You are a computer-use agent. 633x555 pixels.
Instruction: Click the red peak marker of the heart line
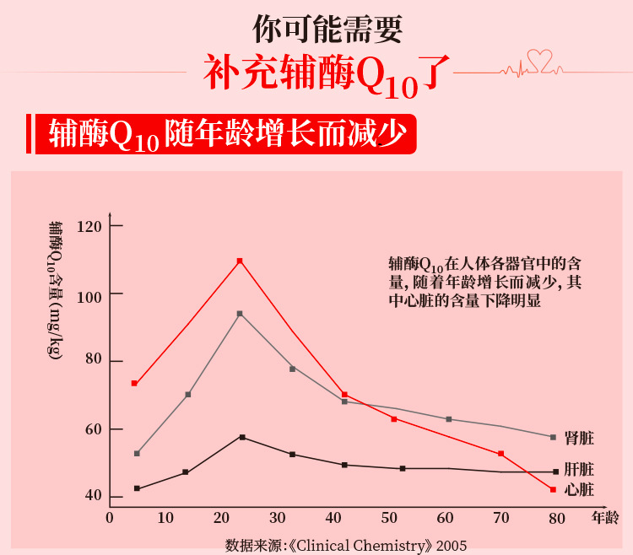pyautogui.click(x=240, y=261)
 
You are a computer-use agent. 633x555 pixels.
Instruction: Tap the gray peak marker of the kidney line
pyautogui.click(x=240, y=314)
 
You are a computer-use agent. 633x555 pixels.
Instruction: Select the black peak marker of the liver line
pyautogui.click(x=242, y=437)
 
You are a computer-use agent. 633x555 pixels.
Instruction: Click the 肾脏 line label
pyautogui.click(x=579, y=439)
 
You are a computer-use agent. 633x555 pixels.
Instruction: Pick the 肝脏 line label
pyautogui.click(x=579, y=470)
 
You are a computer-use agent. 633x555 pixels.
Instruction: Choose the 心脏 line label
pyautogui.click(x=579, y=490)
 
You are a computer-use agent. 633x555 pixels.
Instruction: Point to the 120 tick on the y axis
pyautogui.click(x=89, y=227)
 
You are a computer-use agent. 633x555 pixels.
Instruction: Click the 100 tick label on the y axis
pyautogui.click(x=89, y=294)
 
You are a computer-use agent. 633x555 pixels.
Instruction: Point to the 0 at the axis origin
pyautogui.click(x=110, y=517)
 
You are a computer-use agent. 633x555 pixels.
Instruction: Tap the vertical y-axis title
pyautogui.click(x=55, y=291)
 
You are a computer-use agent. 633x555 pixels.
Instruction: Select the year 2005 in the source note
pyautogui.click(x=452, y=545)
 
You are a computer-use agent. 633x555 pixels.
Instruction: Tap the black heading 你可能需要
pyautogui.click(x=327, y=29)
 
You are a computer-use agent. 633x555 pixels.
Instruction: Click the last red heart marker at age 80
pyautogui.click(x=553, y=489)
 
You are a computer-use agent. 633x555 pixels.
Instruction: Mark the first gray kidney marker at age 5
pyautogui.click(x=137, y=454)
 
